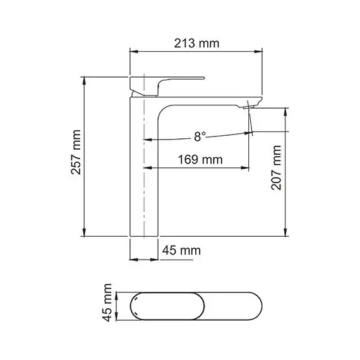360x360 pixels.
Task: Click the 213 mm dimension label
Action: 195,44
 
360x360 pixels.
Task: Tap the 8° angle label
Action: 200,136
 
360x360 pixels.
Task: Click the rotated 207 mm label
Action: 276,169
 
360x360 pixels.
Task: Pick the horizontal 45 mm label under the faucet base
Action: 181,251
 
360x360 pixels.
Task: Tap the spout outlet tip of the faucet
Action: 248,108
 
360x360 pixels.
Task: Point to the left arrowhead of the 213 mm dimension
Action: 133,52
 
